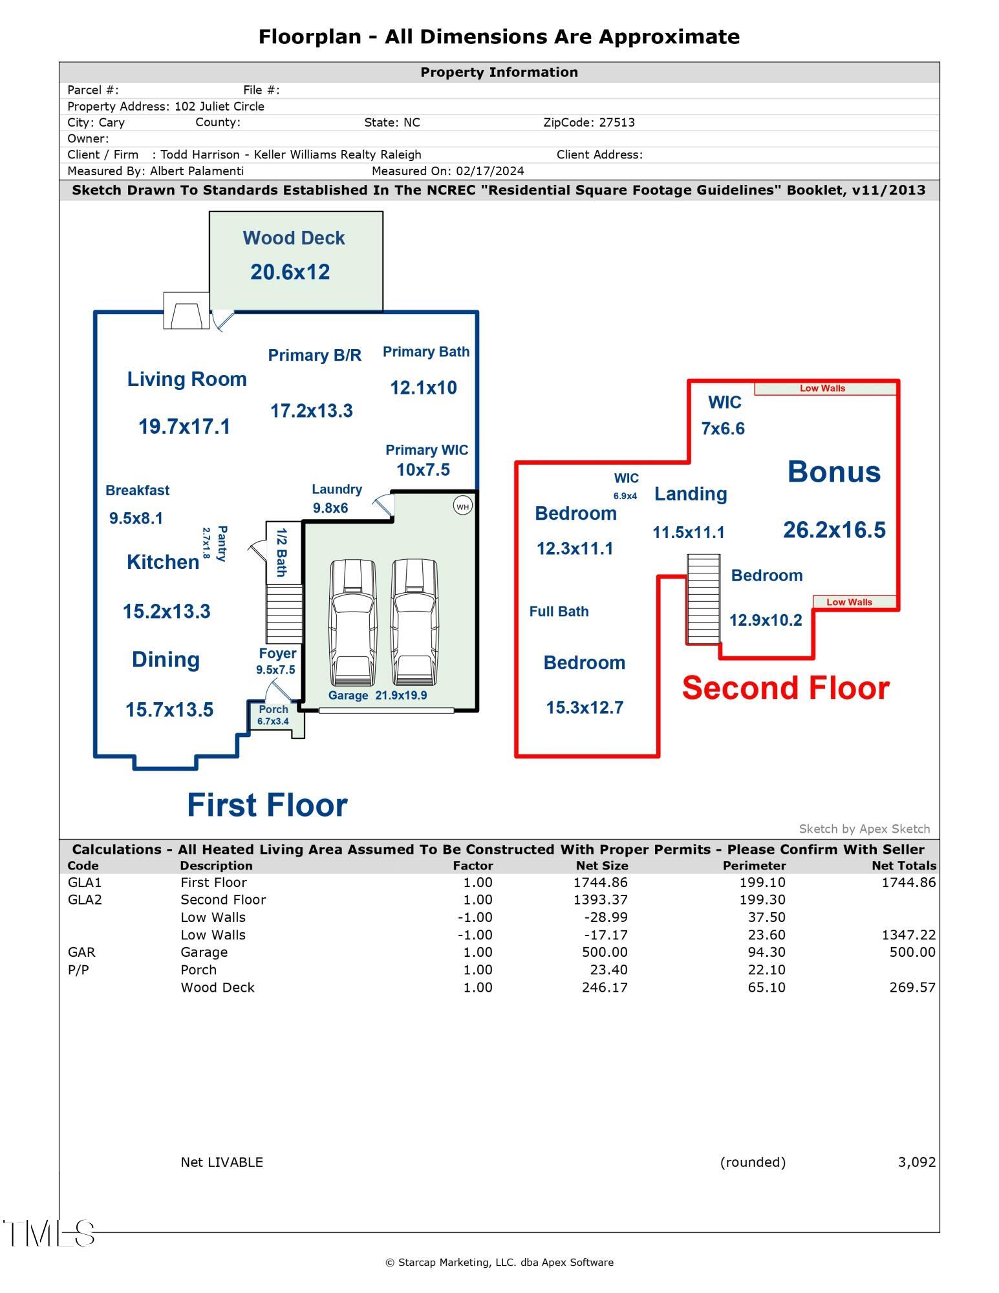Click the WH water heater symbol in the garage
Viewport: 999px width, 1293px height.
(x=462, y=506)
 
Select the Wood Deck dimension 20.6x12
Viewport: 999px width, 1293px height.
(x=290, y=272)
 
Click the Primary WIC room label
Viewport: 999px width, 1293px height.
(x=427, y=450)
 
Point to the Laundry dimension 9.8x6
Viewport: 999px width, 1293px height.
(x=330, y=508)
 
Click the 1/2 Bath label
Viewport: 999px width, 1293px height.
(x=282, y=552)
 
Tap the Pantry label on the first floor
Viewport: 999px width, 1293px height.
(x=221, y=544)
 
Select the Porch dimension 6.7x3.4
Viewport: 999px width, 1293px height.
(x=273, y=721)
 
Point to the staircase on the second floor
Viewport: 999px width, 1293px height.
(x=704, y=599)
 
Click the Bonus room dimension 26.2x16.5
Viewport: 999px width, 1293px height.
(x=834, y=530)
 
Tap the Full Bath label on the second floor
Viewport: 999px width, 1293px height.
(x=559, y=612)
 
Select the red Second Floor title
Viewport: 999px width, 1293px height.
(x=786, y=688)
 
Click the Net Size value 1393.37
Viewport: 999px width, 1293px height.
(x=601, y=900)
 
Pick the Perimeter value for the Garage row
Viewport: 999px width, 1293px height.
(x=766, y=952)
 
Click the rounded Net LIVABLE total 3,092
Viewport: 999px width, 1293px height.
(x=916, y=1162)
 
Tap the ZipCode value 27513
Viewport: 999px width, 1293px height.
(x=616, y=123)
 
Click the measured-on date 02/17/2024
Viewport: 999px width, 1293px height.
(x=489, y=171)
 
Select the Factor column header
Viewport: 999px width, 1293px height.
(x=473, y=866)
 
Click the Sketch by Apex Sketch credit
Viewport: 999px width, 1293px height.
(x=864, y=829)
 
